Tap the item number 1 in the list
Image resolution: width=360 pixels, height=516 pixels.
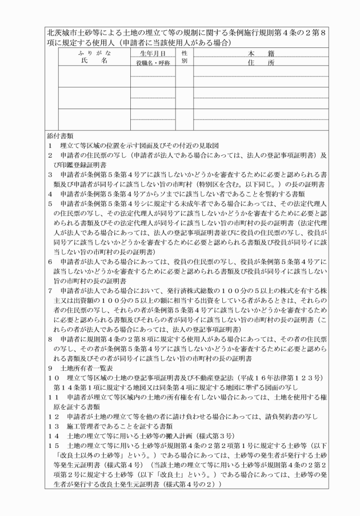[50, 146]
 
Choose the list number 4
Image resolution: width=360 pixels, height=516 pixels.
[50, 194]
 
